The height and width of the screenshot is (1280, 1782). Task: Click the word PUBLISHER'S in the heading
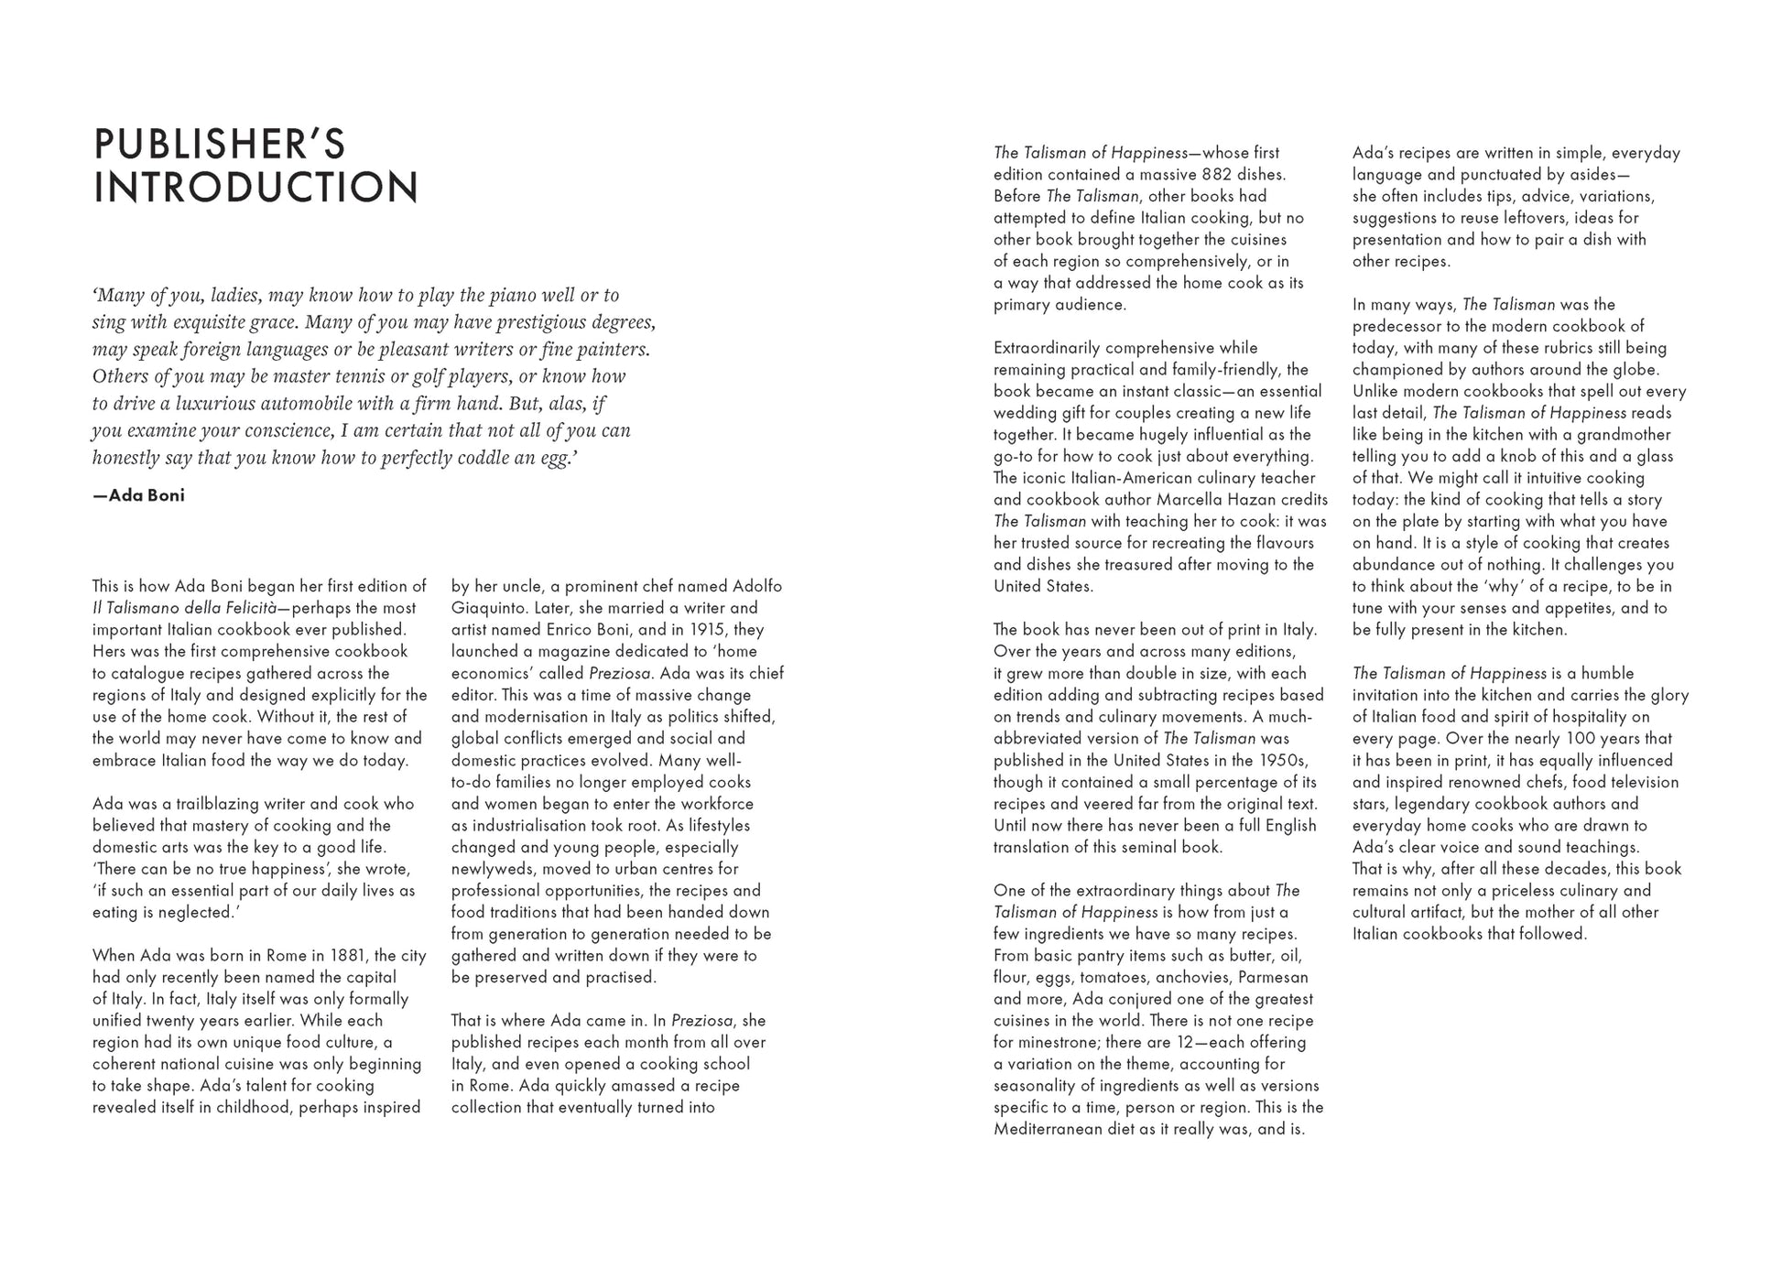[x=220, y=145]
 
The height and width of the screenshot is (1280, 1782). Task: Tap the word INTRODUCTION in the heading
[x=256, y=188]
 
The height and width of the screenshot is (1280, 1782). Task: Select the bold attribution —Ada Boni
[x=138, y=495]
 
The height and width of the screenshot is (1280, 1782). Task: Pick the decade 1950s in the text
[x=1282, y=761]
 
